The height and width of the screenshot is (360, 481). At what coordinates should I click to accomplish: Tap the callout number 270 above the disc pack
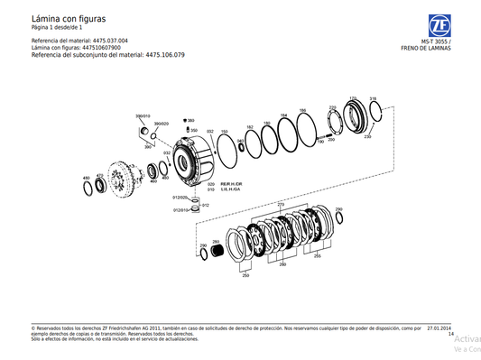(x=280, y=205)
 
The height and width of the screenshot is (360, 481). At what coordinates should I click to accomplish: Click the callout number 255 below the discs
(x=317, y=256)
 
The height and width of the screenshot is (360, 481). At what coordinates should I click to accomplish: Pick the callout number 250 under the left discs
(x=245, y=274)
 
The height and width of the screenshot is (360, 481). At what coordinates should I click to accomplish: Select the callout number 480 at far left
(x=86, y=178)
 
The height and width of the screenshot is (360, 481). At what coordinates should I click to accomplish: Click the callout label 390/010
(x=143, y=116)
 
